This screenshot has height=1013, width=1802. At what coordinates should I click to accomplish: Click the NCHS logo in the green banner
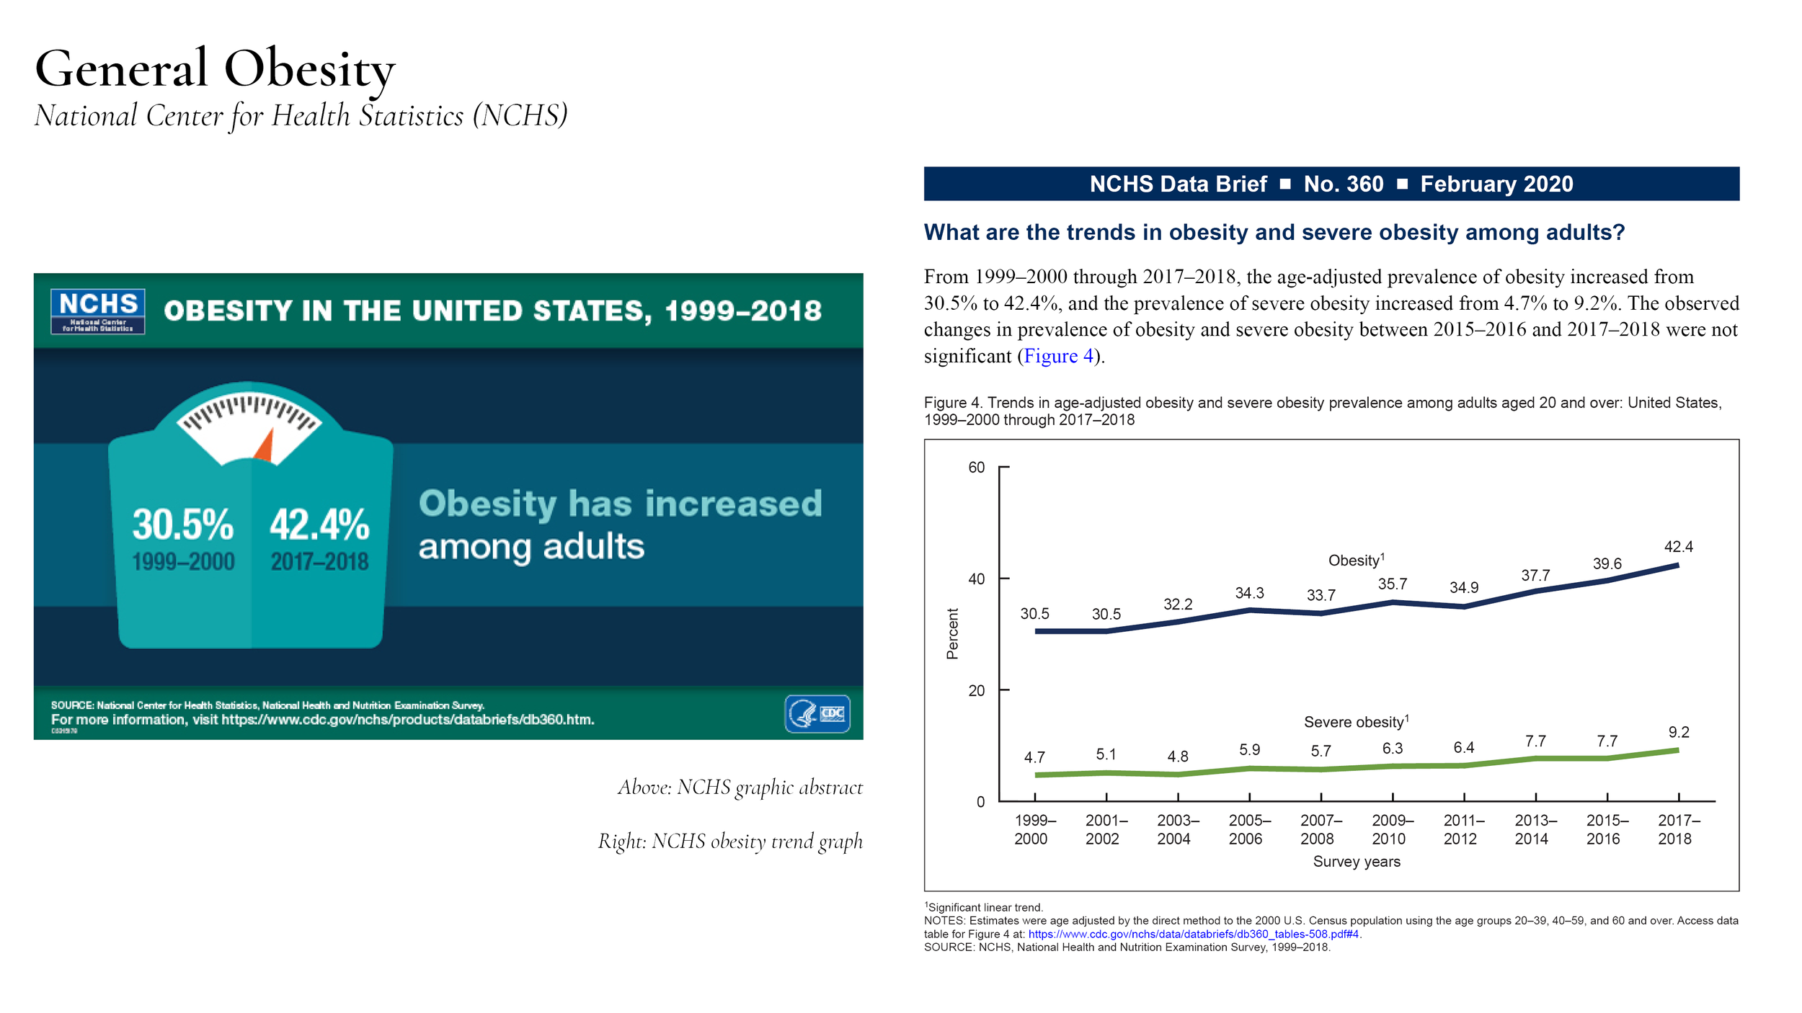[98, 311]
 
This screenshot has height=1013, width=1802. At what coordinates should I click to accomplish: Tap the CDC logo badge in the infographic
[817, 713]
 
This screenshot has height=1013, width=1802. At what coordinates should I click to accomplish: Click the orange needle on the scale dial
[265, 447]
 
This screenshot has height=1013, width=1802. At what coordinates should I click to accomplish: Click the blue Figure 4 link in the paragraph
[1058, 356]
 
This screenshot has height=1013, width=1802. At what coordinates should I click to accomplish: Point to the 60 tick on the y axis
[976, 468]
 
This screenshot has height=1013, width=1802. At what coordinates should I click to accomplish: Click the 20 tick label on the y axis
[976, 690]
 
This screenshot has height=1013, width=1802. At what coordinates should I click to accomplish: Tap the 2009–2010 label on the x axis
[1392, 829]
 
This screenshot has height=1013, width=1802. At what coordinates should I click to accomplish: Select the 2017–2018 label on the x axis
[1678, 829]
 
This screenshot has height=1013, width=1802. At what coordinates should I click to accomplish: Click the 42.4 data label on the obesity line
[1678, 547]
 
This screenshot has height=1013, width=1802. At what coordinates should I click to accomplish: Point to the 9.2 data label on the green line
[1678, 732]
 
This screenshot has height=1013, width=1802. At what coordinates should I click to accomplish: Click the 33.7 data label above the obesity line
[1321, 595]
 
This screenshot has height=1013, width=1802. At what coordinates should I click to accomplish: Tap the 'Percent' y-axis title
[952, 633]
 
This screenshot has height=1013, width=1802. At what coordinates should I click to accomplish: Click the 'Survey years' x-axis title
[1356, 862]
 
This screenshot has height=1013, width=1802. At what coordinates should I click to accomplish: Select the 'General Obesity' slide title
[215, 69]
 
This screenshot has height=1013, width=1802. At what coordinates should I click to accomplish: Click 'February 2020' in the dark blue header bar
[1496, 184]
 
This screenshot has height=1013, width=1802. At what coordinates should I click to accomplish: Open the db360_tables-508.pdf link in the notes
[1193, 934]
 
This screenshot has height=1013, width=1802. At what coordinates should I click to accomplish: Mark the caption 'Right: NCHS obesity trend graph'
[729, 842]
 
